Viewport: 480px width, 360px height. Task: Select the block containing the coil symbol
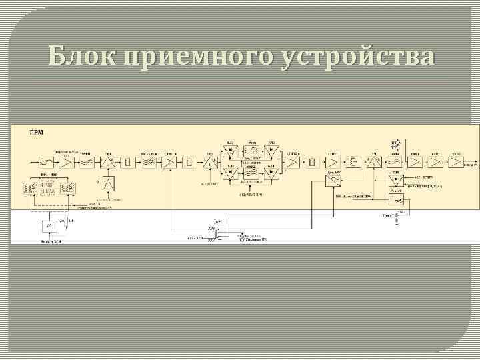351,161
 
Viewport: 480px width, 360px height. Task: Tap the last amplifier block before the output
455,161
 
